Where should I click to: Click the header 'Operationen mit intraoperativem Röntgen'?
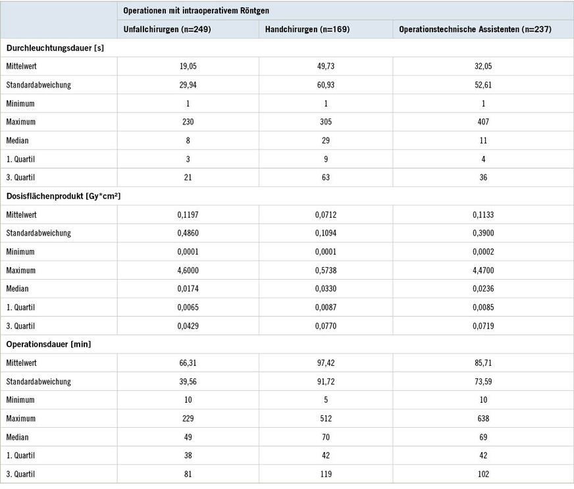coord(196,10)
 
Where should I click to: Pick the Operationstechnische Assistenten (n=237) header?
coord(475,30)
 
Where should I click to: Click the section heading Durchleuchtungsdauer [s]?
coord(55,48)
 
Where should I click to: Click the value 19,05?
coord(188,66)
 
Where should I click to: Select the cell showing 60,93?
coord(326,85)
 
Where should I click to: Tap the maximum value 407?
coord(483,122)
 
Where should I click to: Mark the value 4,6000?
coord(188,270)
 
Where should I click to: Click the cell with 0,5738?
coord(326,270)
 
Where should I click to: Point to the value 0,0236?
coord(483,288)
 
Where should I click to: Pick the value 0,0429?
coord(188,326)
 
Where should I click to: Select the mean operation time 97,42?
coord(326,363)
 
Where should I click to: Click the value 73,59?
coord(483,381)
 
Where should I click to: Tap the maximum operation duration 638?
coord(483,419)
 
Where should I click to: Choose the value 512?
coord(326,419)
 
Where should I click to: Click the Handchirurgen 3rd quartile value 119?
coord(326,474)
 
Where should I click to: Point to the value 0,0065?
coord(188,307)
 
